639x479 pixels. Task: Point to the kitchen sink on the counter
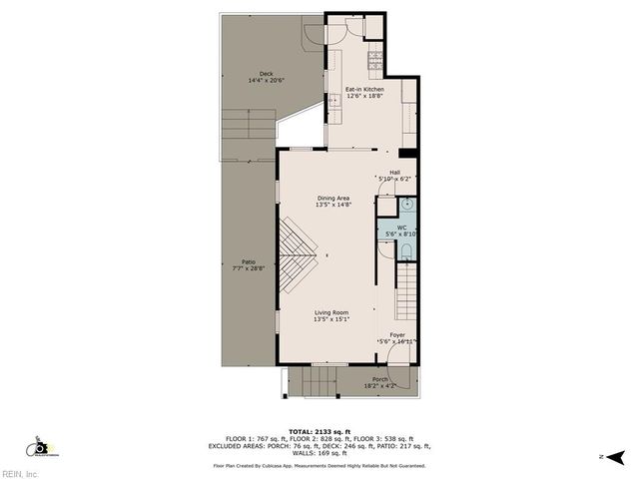coord(334,101)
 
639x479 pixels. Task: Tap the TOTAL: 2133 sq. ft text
coord(319,431)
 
